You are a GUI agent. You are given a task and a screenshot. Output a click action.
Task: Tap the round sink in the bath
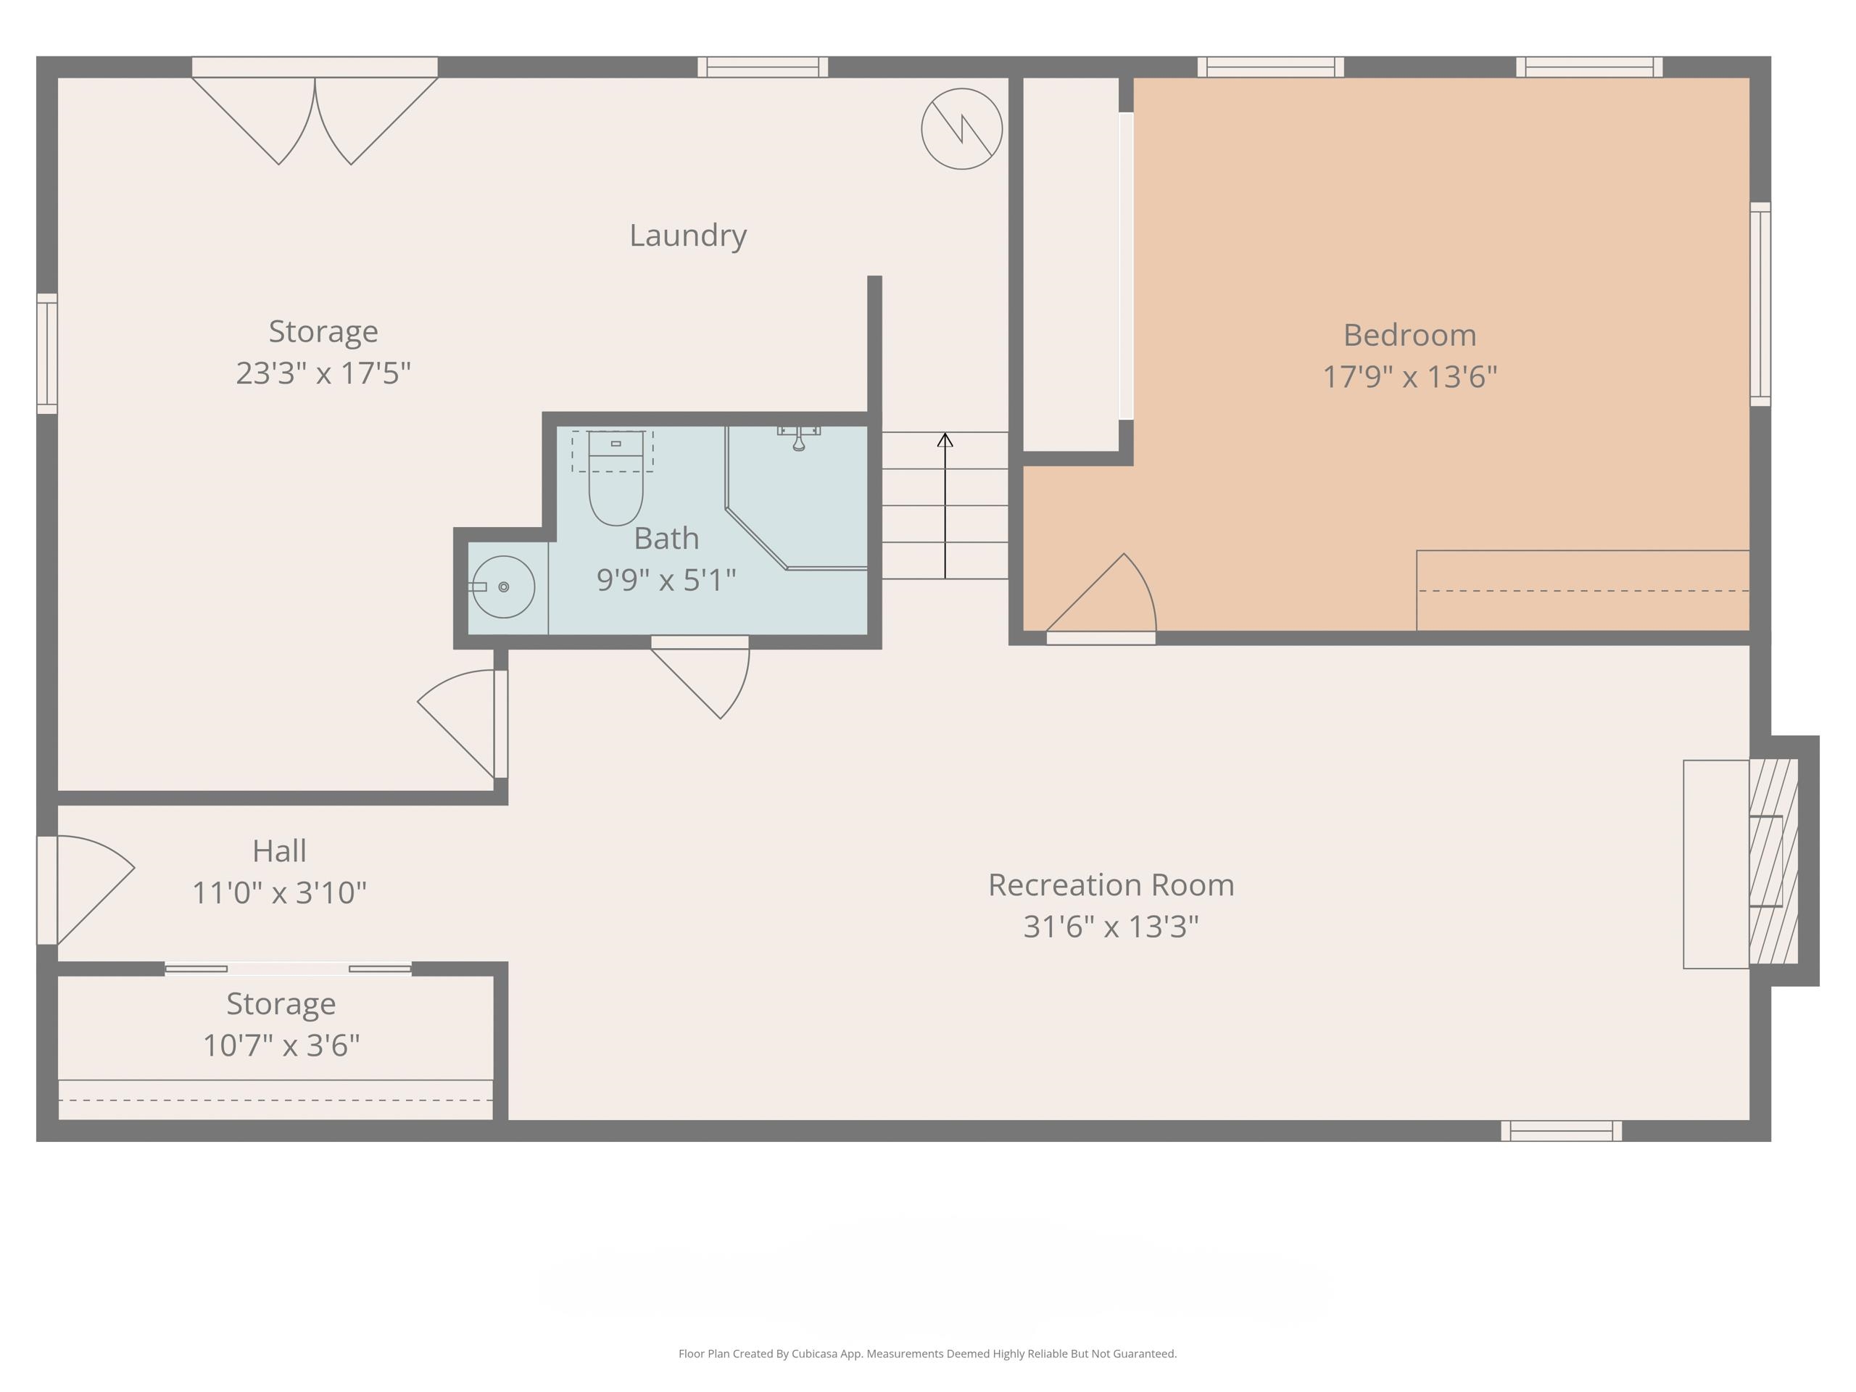click(503, 587)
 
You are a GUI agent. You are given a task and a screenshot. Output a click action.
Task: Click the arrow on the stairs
click(945, 503)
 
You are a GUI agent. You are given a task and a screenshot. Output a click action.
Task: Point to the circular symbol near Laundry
click(961, 129)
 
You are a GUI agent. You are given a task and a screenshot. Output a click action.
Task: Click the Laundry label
click(687, 236)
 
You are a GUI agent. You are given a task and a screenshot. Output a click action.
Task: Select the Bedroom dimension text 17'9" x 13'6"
click(1409, 377)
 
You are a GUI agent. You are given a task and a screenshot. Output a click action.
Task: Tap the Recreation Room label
click(1110, 885)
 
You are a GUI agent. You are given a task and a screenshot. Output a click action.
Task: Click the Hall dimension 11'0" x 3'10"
click(279, 892)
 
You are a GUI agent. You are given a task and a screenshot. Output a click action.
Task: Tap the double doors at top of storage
click(315, 113)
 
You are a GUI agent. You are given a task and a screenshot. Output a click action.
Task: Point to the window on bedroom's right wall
click(1760, 304)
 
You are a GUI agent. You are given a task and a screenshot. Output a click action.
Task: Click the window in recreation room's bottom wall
click(1561, 1130)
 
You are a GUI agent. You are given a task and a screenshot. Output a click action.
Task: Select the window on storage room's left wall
click(47, 353)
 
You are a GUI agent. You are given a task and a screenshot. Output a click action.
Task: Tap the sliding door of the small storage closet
click(288, 969)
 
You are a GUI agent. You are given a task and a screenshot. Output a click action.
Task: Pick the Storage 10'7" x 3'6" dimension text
click(281, 1045)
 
